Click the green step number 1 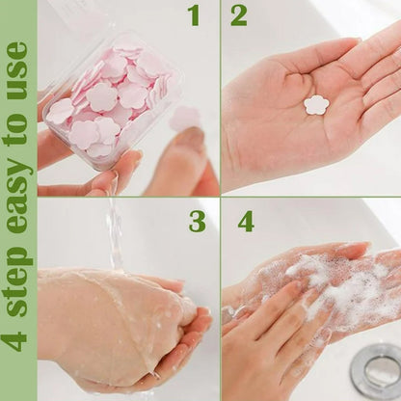pos(194,15)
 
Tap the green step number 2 pos(238,15)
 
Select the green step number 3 pos(197,222)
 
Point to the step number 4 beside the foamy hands pos(246,222)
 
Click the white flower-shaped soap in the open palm pos(315,104)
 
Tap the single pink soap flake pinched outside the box pos(183,118)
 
